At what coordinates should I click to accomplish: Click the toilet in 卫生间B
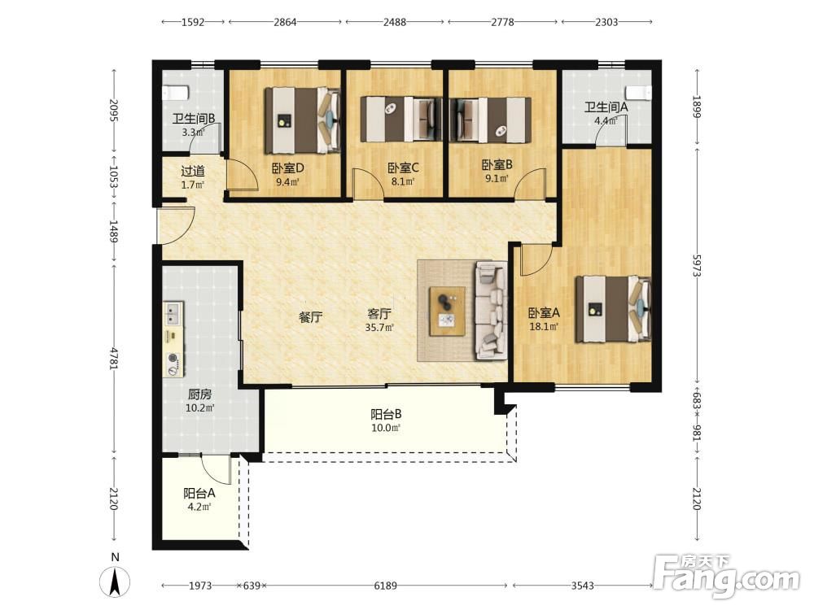point(175,93)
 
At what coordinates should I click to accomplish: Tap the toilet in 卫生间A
point(638,93)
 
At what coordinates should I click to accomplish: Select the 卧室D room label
point(287,168)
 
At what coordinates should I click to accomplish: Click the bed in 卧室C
point(401,120)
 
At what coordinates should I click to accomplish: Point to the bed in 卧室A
point(613,309)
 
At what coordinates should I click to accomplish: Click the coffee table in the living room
point(447,312)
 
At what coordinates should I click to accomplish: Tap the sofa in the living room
point(491,310)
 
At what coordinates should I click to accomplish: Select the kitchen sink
point(173,313)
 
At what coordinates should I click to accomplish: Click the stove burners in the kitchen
point(173,364)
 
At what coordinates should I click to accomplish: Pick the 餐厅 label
point(311,317)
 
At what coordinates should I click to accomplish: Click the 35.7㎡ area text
point(379,327)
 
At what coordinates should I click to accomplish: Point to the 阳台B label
point(386,415)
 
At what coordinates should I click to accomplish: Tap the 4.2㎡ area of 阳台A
point(199,507)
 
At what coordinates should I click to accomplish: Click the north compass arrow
point(116,582)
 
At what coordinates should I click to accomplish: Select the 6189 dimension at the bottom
point(386,586)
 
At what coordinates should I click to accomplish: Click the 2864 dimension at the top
point(285,22)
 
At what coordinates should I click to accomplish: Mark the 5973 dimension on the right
point(697,264)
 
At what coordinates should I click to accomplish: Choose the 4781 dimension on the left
point(113,359)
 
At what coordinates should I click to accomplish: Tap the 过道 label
point(193,171)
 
